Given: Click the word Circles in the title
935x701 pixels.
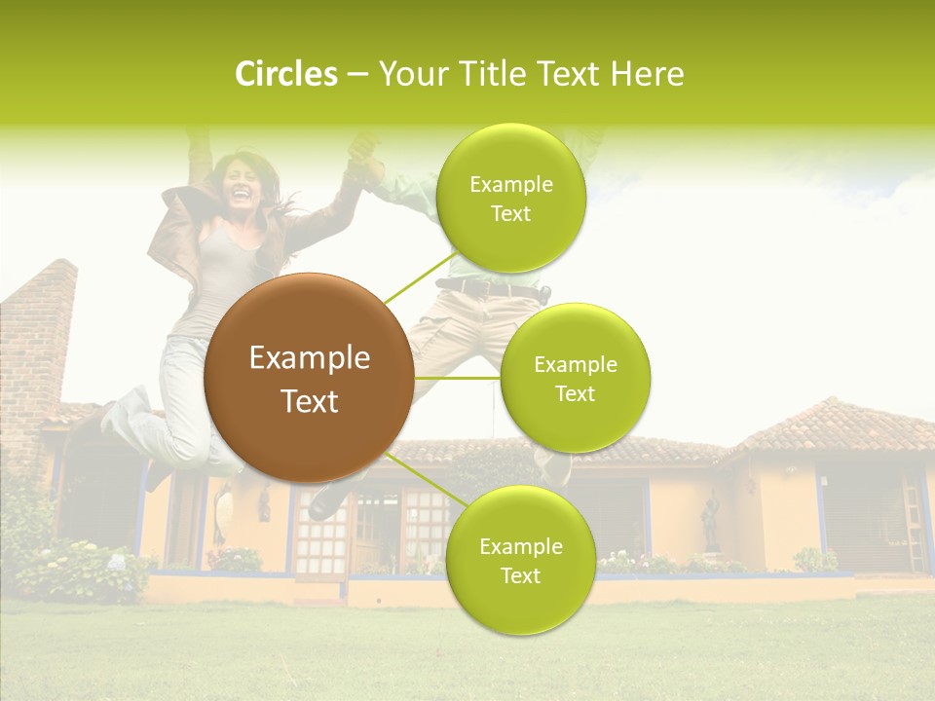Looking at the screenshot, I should [x=286, y=74].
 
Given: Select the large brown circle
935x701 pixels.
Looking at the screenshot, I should [x=309, y=378].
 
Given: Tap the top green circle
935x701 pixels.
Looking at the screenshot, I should [x=510, y=198].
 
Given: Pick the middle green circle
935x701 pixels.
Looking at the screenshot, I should [x=575, y=378].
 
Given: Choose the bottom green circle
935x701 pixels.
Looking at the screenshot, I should [x=520, y=560].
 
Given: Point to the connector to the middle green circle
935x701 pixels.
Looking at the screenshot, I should [x=458, y=378].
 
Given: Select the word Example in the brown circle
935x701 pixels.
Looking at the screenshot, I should [x=309, y=358].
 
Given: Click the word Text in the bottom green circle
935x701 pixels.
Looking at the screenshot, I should [x=520, y=575].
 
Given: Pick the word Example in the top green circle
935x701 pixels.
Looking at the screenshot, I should [x=510, y=184].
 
